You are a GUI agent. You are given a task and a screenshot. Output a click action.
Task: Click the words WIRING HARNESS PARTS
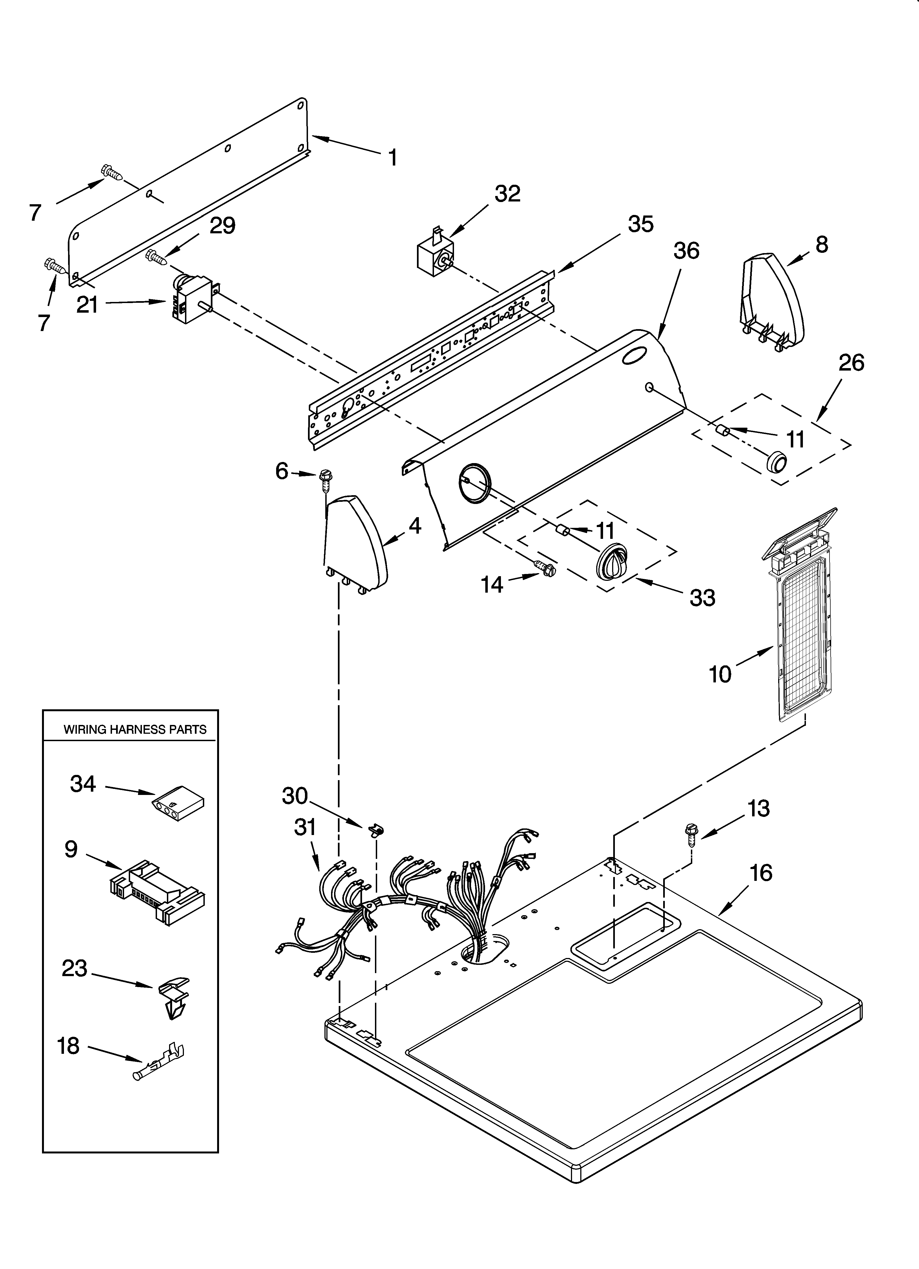click(135, 730)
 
